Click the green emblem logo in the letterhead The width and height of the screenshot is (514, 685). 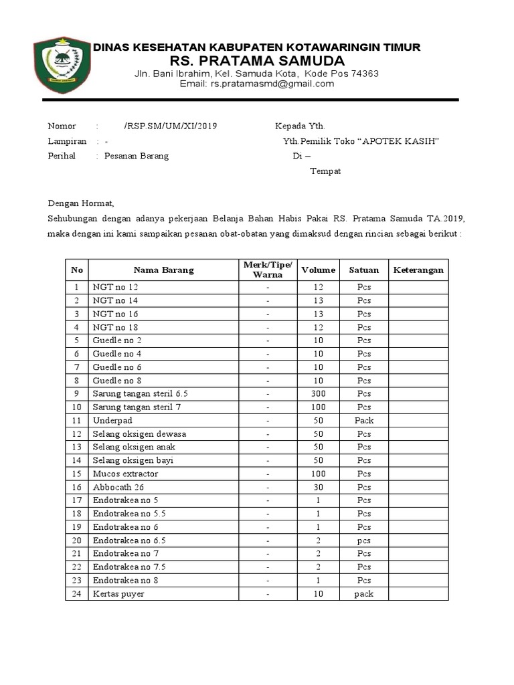(62, 66)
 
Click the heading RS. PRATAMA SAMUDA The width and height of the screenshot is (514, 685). (257, 61)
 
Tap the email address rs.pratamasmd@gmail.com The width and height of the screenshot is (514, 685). (257, 84)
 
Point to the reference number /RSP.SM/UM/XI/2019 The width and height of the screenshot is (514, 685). (170, 126)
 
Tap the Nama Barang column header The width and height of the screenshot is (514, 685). (163, 270)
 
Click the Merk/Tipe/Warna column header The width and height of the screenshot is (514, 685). (268, 270)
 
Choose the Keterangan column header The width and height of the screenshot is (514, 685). (418, 270)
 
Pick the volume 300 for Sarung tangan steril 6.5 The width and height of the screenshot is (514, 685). (318, 394)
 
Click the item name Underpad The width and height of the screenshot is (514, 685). (112, 421)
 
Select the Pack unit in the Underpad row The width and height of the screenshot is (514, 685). (364, 421)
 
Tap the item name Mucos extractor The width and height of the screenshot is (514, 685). (125, 474)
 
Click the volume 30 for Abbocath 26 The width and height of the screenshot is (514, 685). (318, 487)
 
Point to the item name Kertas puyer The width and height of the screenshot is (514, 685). (118, 594)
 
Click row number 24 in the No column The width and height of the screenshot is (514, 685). (77, 594)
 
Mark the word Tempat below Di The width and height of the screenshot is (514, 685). (325, 171)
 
